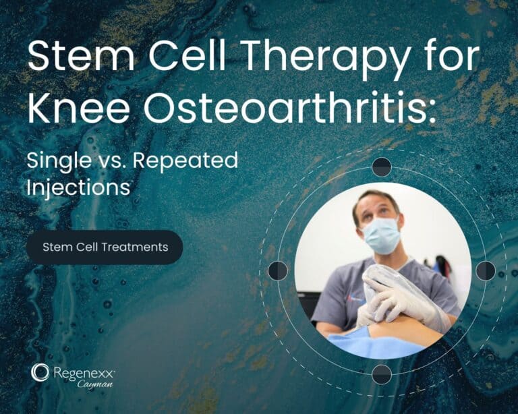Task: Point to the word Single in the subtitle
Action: (60, 161)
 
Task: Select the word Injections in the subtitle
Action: (78, 187)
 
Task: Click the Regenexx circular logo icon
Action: (40, 372)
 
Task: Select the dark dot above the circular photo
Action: (382, 167)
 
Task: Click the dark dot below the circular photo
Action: (382, 374)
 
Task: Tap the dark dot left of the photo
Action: (278, 270)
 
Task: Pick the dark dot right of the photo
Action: (486, 270)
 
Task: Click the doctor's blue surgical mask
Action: (380, 234)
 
